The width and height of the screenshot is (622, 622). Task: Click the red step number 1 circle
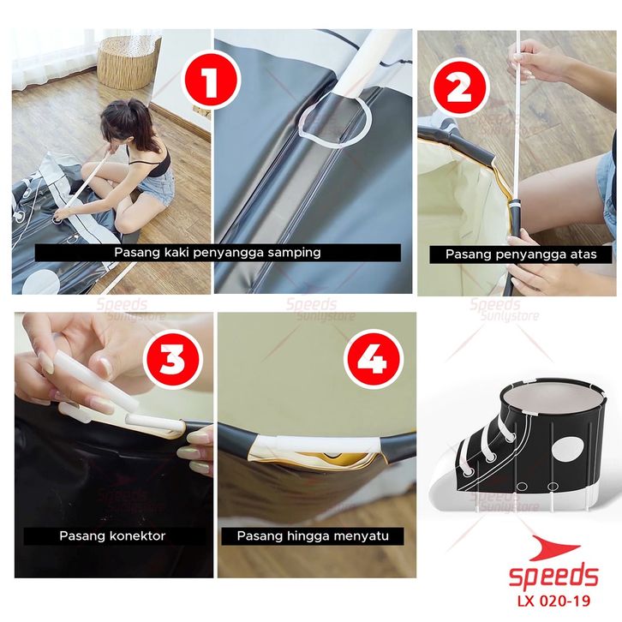click(x=211, y=81)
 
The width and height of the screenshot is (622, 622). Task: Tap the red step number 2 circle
click(x=459, y=87)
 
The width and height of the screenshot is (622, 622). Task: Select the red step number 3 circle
click(x=172, y=359)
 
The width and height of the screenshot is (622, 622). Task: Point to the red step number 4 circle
click(x=374, y=359)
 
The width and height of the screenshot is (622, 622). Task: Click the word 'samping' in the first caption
click(x=294, y=252)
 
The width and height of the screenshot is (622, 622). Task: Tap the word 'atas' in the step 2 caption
click(x=583, y=254)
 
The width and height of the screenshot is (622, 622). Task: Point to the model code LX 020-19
click(x=553, y=601)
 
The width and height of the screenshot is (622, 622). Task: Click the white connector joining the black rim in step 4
click(x=317, y=444)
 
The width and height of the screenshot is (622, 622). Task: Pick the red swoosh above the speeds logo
click(x=555, y=548)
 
